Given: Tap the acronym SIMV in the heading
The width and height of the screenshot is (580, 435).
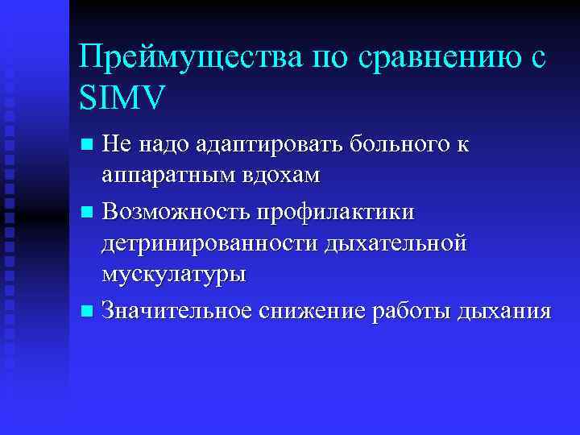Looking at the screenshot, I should pos(121,98).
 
